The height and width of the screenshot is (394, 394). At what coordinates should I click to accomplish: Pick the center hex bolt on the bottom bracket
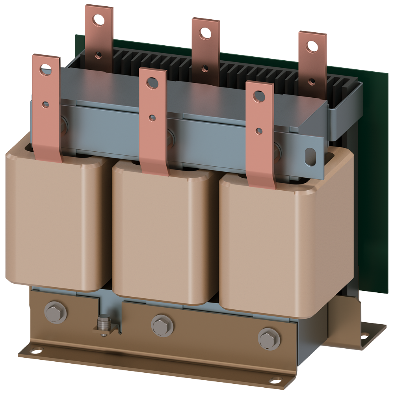[162, 325]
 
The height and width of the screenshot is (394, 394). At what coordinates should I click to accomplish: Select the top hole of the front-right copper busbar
[258, 96]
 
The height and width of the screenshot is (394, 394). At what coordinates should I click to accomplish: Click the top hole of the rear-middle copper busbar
[204, 33]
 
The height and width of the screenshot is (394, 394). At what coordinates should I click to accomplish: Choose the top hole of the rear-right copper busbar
[312, 46]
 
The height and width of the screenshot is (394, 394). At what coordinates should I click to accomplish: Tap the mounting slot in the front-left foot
[36, 350]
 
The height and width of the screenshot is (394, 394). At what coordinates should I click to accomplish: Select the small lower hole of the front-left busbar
[46, 104]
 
